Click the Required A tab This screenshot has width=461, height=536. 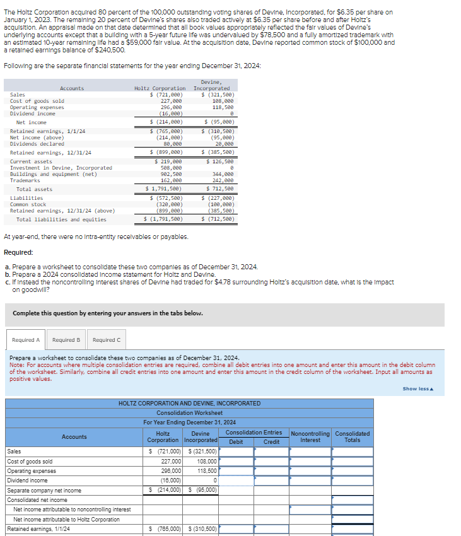coord(26,340)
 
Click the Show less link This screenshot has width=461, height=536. coord(418,388)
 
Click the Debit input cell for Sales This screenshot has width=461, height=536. coord(236,452)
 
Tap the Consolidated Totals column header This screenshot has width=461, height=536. coord(353,436)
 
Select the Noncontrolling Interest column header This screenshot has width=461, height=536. coord(310,436)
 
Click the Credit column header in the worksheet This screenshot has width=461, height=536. coord(271,442)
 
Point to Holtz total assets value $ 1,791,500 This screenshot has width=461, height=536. coord(165,189)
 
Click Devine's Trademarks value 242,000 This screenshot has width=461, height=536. coord(223,180)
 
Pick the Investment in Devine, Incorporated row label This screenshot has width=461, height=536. coord(61,168)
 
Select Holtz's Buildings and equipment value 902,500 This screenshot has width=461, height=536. coord(172,174)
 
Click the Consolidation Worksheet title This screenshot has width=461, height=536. coord(189,413)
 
